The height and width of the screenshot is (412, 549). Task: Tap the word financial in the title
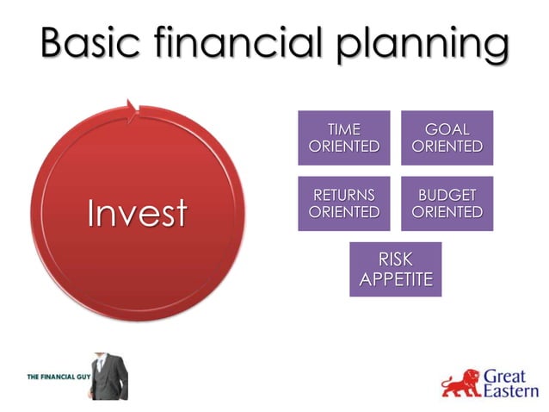[245, 43]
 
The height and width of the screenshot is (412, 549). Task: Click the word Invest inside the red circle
[137, 214]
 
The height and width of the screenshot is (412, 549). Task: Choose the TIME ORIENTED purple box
[343, 138]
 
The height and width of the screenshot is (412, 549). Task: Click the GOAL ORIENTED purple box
[447, 138]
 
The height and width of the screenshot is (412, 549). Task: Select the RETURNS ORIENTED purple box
[343, 203]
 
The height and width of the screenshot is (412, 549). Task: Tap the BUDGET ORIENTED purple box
[447, 203]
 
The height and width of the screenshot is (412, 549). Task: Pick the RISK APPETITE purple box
[395, 269]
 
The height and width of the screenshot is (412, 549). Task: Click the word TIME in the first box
[343, 129]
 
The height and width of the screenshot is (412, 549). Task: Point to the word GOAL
[447, 129]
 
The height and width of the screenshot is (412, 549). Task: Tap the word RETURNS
[343, 195]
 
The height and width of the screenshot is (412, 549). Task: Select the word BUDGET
[447, 195]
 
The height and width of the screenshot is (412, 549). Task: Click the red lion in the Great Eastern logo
[461, 383]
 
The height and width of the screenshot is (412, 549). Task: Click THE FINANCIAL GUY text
[55, 378]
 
